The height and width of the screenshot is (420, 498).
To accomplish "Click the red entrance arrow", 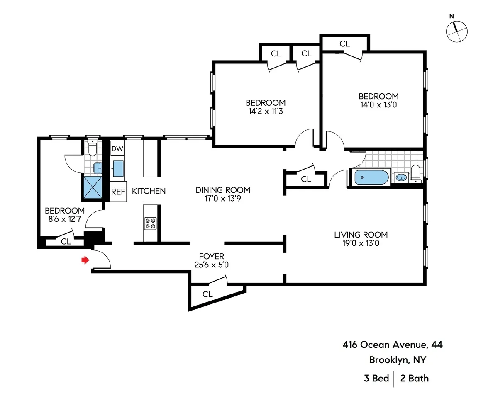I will coord(85,260).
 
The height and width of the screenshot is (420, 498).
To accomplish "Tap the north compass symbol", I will coord(456,31).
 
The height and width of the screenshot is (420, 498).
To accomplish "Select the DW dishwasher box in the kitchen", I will coord(117,148).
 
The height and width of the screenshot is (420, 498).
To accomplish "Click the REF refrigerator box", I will coord(118,192).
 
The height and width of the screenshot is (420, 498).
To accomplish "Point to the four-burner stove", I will coord(150,223).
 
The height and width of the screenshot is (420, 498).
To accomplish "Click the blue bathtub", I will coord(371,178).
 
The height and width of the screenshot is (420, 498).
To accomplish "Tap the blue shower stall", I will coord(92,187).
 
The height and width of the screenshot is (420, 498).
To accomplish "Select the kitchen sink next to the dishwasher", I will coord(118,168).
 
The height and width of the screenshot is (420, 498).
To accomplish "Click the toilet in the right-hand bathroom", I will coord(415,173).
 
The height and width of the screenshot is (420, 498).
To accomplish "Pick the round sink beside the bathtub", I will coord(401,177).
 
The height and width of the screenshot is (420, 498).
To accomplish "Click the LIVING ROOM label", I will coord(361,235).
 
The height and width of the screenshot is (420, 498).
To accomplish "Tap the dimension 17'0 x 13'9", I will coord(223,199).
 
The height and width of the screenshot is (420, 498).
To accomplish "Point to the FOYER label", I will coord(211,256).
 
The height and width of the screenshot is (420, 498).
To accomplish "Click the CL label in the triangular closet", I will coord(207,294).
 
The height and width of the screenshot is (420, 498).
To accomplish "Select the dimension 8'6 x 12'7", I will coord(65,219).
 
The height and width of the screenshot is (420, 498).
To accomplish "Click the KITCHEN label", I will coord(149,191).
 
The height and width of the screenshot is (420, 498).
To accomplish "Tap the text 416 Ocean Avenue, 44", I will coord(392,345).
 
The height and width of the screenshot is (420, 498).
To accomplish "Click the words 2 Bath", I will coord(414,378).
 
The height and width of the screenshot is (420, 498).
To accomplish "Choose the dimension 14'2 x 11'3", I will coord(265,111).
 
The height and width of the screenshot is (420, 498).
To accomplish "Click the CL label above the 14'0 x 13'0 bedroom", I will coord(344,44).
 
